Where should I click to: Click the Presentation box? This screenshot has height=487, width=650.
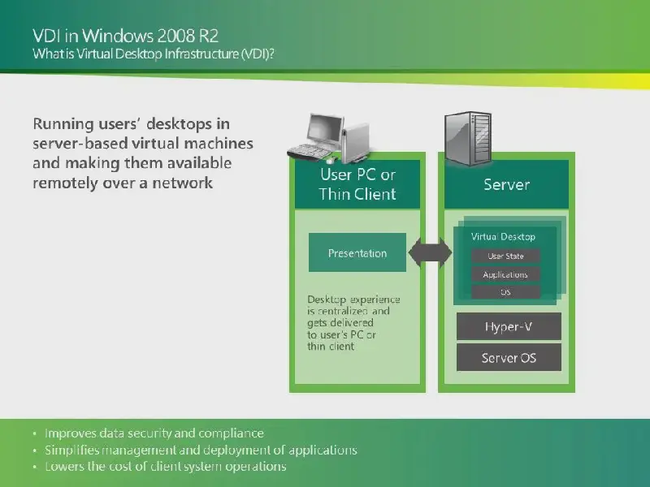(357, 252)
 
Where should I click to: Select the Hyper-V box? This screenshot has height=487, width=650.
(509, 326)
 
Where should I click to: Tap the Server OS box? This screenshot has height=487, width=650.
(509, 357)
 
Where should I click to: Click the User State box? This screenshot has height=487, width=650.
(505, 256)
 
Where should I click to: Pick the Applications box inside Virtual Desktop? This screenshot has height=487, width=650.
(505, 274)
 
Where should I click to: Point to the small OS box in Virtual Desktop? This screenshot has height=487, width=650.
(505, 292)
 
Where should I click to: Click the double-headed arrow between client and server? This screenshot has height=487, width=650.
(430, 252)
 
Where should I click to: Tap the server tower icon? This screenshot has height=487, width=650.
(468, 138)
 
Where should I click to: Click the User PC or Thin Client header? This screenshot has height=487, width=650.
(357, 184)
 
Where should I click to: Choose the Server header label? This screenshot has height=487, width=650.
(506, 184)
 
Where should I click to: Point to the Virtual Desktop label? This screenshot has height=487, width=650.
(503, 236)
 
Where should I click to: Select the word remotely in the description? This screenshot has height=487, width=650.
(65, 183)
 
